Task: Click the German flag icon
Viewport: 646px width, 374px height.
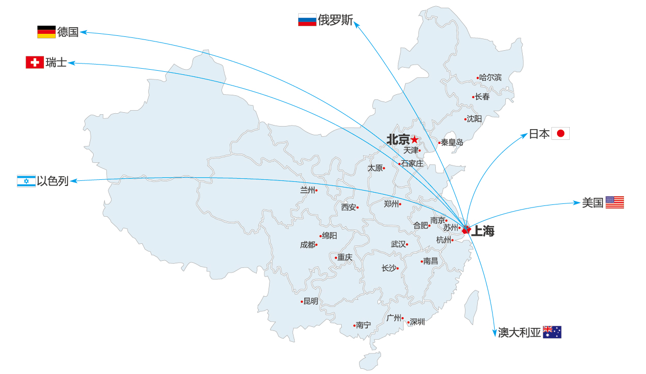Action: [46, 32]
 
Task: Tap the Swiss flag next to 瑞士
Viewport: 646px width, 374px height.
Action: [34, 63]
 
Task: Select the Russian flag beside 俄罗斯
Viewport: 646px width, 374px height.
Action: [307, 20]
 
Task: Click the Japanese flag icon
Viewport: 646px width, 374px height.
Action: [560, 134]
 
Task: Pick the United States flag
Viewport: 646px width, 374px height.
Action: [614, 202]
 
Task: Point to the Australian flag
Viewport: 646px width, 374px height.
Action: [552, 332]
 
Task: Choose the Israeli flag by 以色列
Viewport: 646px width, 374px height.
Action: [26, 181]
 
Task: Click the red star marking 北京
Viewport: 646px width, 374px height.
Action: [414, 139]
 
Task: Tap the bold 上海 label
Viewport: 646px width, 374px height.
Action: [483, 231]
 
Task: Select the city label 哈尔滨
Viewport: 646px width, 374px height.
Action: [491, 78]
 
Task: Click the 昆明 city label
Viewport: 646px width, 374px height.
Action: [310, 301]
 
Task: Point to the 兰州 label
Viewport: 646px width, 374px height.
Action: [307, 190]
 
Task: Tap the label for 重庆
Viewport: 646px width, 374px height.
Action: [345, 257]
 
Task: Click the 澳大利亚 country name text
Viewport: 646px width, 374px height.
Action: [519, 333]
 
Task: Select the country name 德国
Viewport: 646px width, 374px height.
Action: [68, 32]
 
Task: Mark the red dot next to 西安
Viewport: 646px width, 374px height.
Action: [358, 207]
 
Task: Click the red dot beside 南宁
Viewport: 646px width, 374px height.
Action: [354, 325]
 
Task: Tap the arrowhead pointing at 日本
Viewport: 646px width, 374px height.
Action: [525, 135]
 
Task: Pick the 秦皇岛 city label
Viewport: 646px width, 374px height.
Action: [452, 142]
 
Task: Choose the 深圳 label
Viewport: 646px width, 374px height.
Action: [417, 322]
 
